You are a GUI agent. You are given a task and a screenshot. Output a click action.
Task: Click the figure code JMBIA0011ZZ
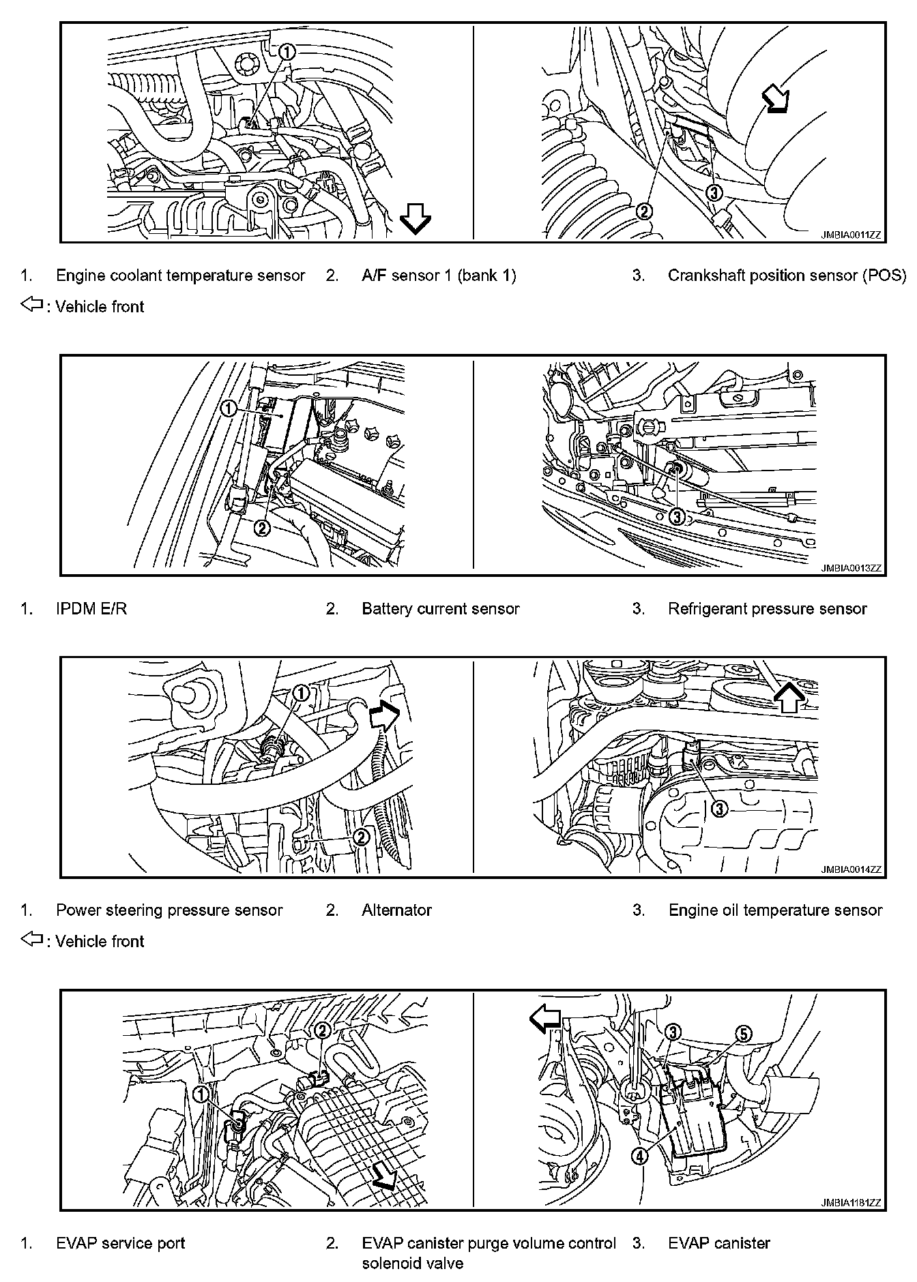(851, 235)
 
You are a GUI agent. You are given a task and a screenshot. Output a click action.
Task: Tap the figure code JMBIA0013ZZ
(851, 567)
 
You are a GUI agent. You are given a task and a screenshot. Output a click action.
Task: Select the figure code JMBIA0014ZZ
(851, 869)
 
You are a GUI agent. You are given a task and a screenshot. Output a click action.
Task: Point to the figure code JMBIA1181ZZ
(851, 1204)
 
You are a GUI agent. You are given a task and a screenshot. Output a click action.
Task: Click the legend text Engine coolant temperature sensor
(180, 275)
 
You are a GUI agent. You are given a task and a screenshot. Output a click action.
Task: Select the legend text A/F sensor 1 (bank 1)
(439, 275)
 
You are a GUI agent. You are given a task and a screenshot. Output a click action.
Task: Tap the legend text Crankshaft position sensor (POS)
(787, 275)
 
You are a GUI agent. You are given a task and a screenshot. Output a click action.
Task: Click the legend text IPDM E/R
(91, 608)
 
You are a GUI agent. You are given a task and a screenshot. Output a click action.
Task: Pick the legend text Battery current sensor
(441, 608)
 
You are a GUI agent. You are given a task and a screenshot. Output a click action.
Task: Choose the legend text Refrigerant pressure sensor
(768, 608)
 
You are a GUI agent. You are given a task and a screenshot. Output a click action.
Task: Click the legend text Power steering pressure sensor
(169, 910)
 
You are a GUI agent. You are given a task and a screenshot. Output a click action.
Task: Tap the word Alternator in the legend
(397, 910)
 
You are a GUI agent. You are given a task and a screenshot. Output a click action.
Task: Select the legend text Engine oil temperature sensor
(775, 910)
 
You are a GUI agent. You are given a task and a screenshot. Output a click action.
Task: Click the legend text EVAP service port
(121, 1243)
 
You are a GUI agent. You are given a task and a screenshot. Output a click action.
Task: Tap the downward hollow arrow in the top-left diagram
(415, 220)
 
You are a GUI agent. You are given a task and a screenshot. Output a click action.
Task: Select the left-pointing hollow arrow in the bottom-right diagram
(545, 1019)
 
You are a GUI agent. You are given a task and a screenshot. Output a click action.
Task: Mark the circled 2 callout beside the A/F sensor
(644, 211)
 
